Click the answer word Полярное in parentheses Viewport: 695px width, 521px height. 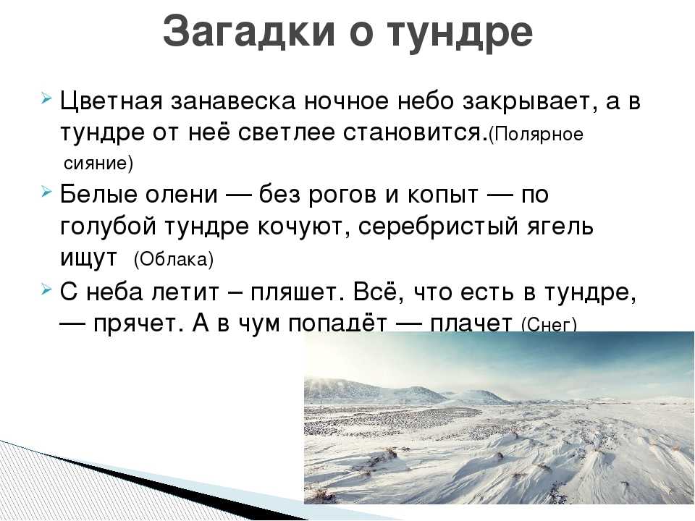tap(536, 135)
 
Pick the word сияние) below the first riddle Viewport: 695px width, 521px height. tap(98, 163)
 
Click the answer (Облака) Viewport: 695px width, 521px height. tap(173, 260)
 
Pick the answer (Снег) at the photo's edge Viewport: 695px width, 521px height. tap(549, 326)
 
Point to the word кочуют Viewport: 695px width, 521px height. tap(303, 227)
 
